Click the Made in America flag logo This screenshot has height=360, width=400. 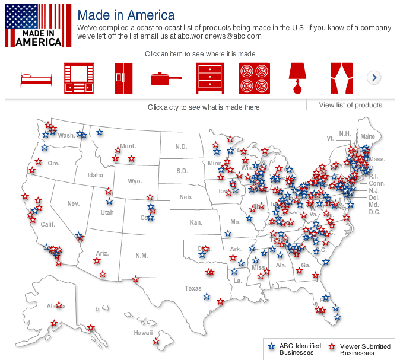pos(34,25)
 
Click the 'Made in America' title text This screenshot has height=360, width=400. pos(126,15)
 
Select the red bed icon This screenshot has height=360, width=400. pos(36,78)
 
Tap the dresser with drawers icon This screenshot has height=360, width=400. pos(210,78)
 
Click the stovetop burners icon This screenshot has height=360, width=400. pos(254,78)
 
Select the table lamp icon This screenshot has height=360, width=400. pos(297,78)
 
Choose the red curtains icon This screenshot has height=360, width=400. pos(341,78)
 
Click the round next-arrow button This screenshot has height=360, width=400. pos(374,78)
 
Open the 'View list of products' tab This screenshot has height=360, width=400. pos(350,105)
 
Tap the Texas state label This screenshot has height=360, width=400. pos(193,288)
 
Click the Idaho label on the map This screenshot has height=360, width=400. pos(95,175)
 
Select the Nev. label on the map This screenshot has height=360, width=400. pos(73,203)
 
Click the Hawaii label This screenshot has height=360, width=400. pos(143,333)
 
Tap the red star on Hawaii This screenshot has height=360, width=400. pos(156,341)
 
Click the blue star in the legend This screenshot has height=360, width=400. pos(271,346)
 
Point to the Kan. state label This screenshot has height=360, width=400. pos(195,222)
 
